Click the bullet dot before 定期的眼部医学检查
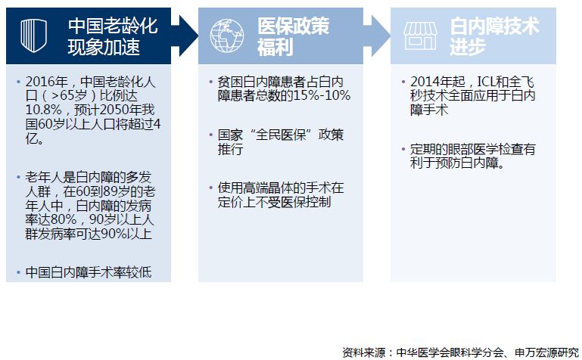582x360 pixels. [403, 150]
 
